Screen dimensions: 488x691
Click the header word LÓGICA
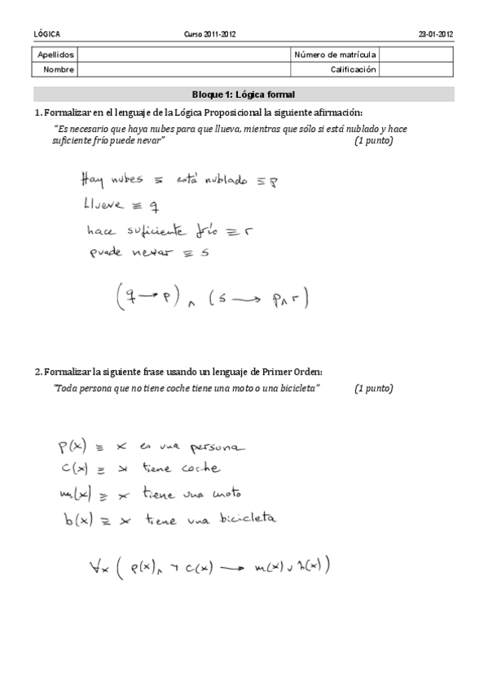[46, 34]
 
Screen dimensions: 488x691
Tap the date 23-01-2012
[435, 34]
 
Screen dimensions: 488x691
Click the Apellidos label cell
[56, 55]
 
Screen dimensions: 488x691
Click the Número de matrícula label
[334, 55]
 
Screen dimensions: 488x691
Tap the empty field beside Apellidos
[184, 55]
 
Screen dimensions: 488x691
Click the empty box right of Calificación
[416, 70]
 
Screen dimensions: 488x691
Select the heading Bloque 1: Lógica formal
[244, 95]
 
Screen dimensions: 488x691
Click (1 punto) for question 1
[373, 141]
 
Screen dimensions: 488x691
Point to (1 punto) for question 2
[373, 388]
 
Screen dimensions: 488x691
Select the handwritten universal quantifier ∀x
[97, 565]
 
